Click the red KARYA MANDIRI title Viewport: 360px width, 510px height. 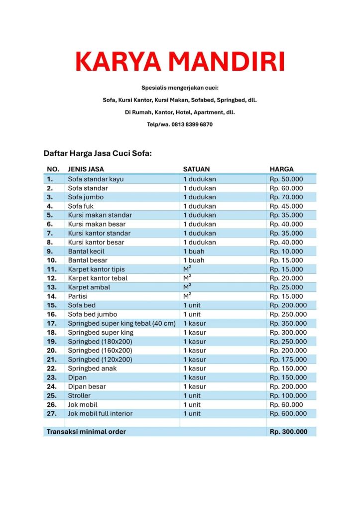[x=180, y=62]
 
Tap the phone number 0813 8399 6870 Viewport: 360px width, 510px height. [x=192, y=125]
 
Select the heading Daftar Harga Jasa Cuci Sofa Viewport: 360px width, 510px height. [x=98, y=153]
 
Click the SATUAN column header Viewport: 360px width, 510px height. [x=196, y=169]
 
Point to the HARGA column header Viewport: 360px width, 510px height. [x=282, y=169]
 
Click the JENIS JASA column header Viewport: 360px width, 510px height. [x=86, y=169]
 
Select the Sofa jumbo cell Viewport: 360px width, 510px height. [x=86, y=197]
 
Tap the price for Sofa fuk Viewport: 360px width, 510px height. [x=286, y=206]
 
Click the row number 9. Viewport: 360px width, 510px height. [x=50, y=252]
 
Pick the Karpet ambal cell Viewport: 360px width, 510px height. [x=89, y=287]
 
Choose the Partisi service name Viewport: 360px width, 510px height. [x=78, y=296]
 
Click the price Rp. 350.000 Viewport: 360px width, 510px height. [x=288, y=323]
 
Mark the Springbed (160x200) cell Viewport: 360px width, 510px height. [x=100, y=351]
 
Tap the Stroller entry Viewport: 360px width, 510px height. [x=79, y=395]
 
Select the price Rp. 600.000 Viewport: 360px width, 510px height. [x=288, y=413]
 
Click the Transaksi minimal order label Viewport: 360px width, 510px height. [x=86, y=432]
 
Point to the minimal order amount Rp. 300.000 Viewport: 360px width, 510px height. [x=288, y=432]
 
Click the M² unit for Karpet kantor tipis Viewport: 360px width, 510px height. [x=187, y=269]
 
